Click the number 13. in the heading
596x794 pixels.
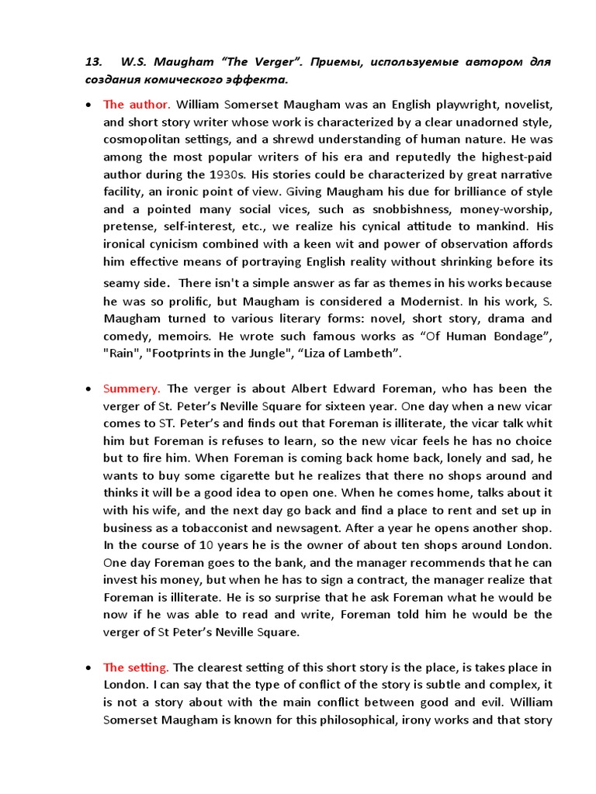pyautogui.click(x=94, y=61)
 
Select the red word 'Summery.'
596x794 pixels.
pyautogui.click(x=132, y=388)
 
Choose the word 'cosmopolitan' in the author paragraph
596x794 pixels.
pyautogui.click(x=141, y=139)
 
